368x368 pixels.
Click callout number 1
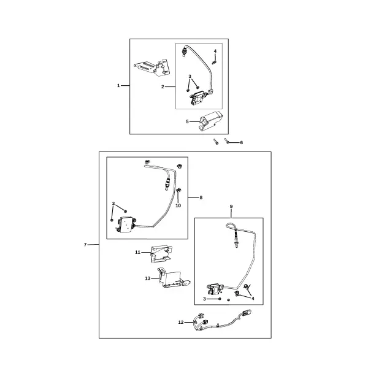(x=118, y=86)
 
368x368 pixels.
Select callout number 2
(x=163, y=87)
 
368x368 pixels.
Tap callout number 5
(x=187, y=121)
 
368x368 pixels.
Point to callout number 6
(x=241, y=143)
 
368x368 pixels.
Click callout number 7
(x=85, y=245)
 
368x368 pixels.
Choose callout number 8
(x=201, y=197)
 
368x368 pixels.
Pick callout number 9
(x=231, y=207)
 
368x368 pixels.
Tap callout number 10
(x=178, y=205)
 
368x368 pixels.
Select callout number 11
(x=138, y=252)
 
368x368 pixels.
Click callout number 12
(x=181, y=323)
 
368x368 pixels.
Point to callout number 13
(x=148, y=278)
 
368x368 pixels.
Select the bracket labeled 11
(x=161, y=254)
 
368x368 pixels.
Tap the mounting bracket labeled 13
(x=174, y=279)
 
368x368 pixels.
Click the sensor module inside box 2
(x=199, y=98)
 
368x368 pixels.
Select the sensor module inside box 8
(x=126, y=224)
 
